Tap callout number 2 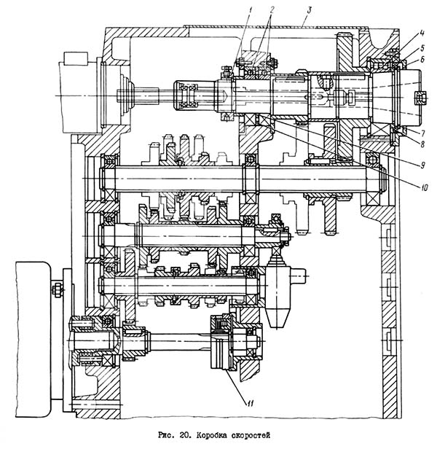tap(272, 10)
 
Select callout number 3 tap(309, 11)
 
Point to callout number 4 tap(422, 34)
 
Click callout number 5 tap(422, 47)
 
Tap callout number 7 tap(422, 133)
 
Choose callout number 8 tap(422, 144)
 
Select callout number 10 tap(424, 187)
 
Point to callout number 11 tap(251, 404)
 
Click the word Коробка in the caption tap(210, 436)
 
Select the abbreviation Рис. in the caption tap(167, 436)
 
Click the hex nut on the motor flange tap(57, 290)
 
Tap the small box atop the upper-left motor tap(76, 59)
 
